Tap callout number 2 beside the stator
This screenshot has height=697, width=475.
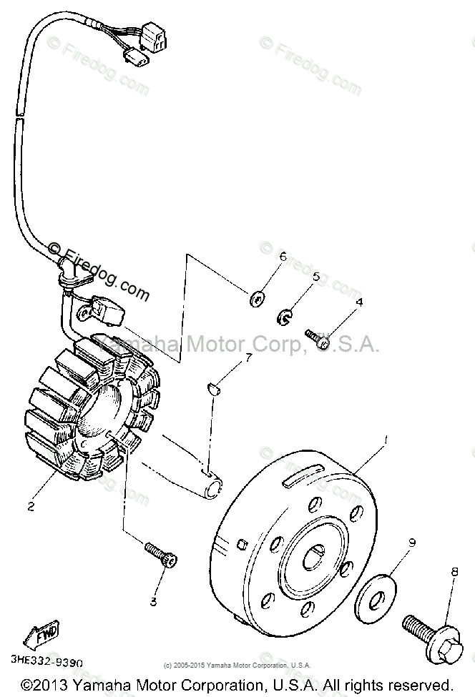[x=31, y=507]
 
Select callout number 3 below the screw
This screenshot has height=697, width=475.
[x=153, y=602]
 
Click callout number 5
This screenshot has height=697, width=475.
[x=315, y=276]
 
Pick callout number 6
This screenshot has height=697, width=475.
[x=283, y=256]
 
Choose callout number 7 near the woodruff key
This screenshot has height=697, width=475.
[x=248, y=357]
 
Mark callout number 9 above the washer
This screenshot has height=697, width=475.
[x=411, y=543]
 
